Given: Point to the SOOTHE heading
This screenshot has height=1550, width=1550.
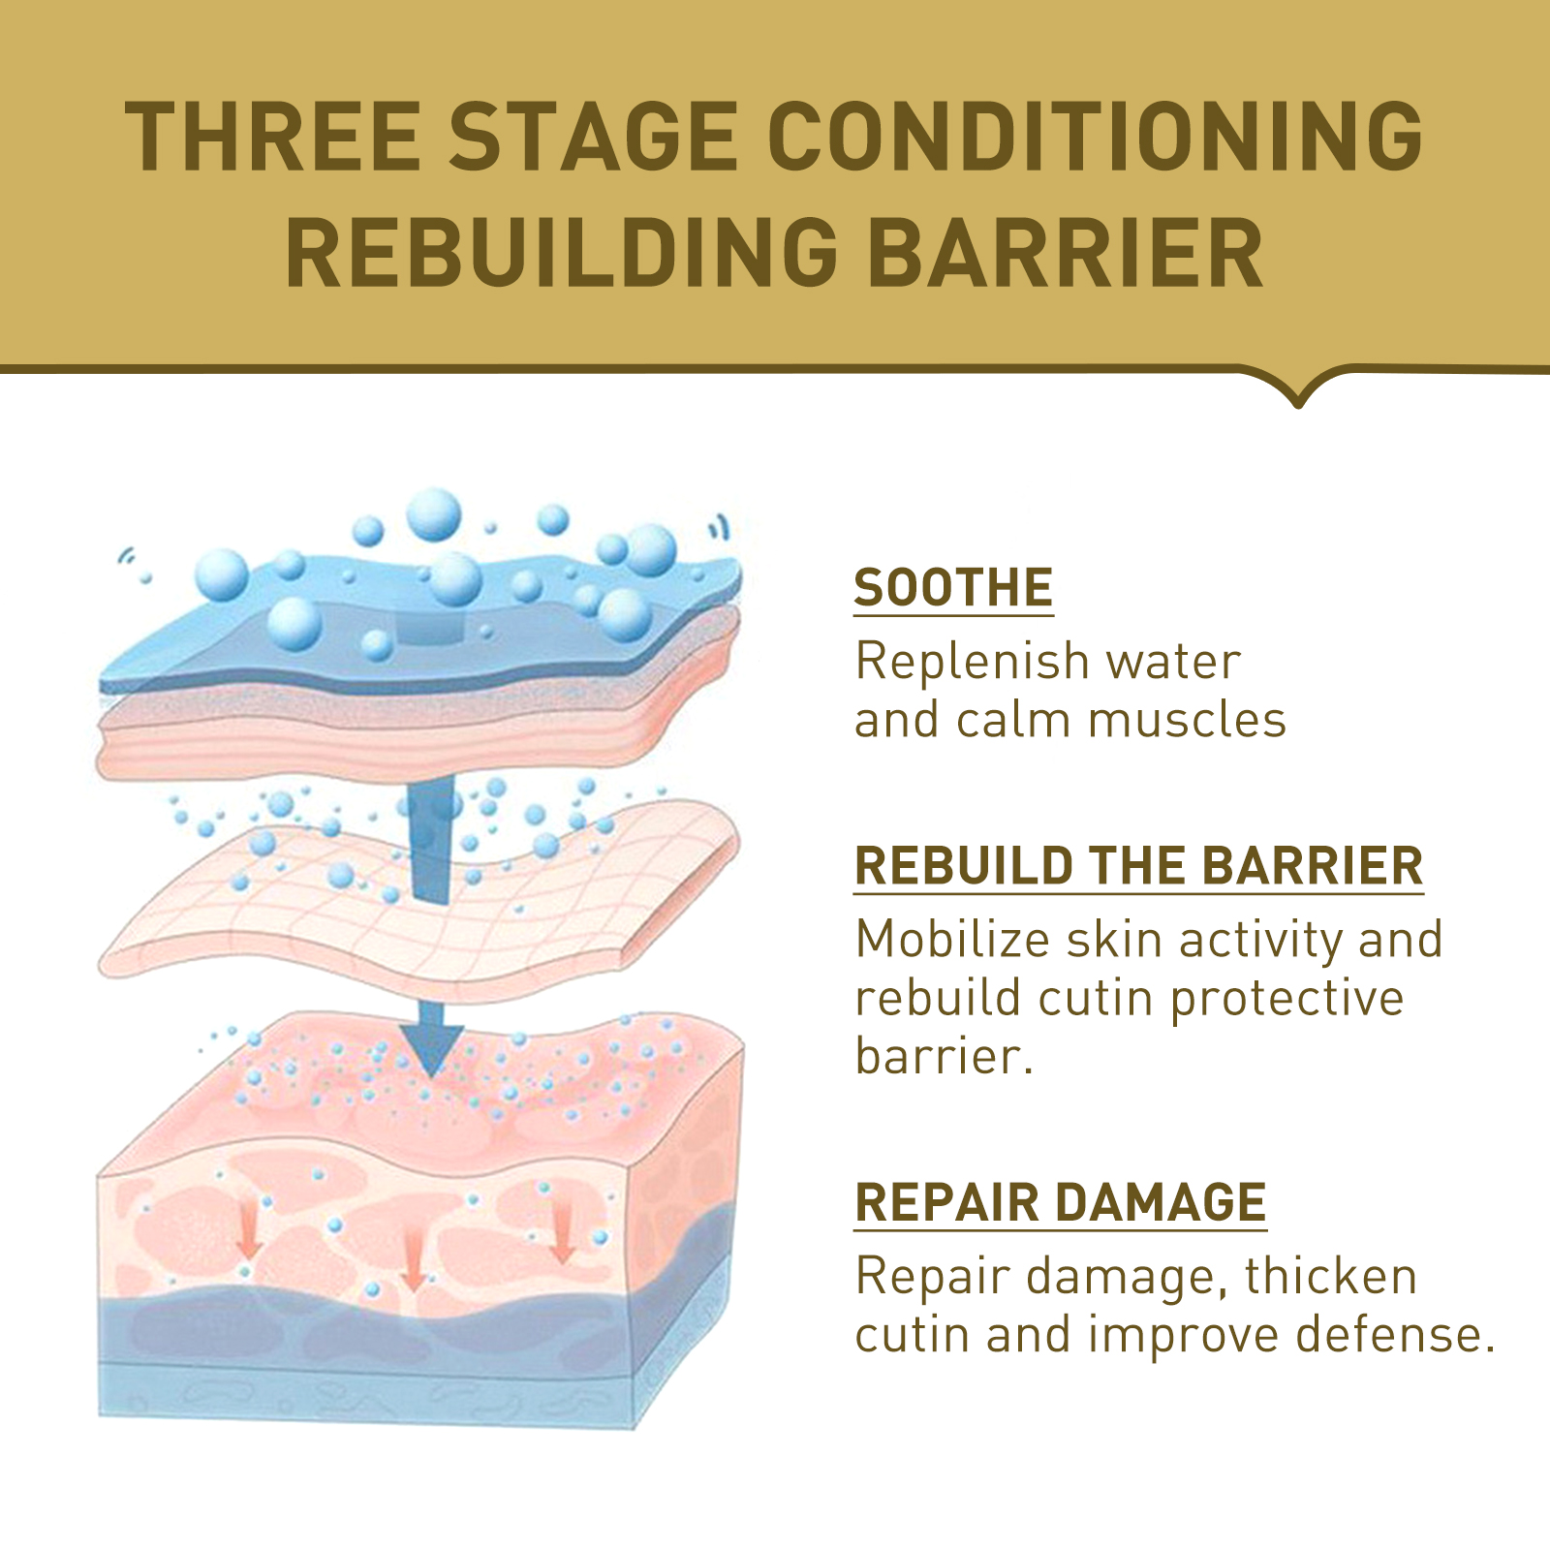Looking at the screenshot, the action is coord(953,588).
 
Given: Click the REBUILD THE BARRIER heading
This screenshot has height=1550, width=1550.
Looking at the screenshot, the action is coord(1138,866).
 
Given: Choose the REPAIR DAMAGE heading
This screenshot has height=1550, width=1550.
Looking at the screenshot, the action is coord(1061,1202).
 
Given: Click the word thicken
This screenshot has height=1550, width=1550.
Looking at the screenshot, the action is coord(1331,1276).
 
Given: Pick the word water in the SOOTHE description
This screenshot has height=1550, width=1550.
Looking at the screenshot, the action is coord(1173,663).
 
